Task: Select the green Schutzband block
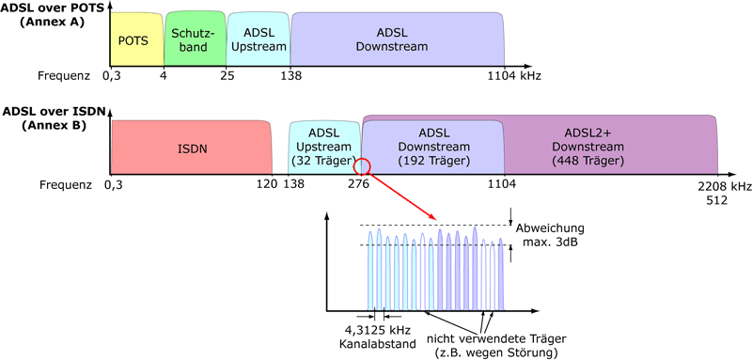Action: tap(195, 40)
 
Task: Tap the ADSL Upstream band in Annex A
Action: tap(258, 40)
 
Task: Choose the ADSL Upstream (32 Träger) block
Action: tap(323, 148)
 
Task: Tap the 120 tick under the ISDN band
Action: tap(267, 186)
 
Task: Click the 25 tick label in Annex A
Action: tap(227, 74)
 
